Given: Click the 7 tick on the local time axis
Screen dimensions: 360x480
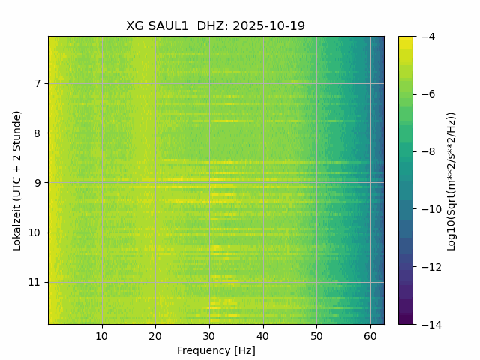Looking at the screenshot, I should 38,83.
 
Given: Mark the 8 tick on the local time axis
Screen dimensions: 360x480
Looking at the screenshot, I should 38,133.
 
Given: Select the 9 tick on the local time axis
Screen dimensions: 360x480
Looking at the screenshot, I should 38,183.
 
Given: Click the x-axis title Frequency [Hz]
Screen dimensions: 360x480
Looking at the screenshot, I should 216,350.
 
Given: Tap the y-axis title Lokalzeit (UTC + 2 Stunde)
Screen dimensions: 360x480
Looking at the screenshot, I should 17,180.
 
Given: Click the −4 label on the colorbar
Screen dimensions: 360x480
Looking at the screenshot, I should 425,37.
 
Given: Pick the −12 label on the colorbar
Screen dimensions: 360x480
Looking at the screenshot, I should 428,267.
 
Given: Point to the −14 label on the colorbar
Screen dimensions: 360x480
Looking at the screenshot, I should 428,324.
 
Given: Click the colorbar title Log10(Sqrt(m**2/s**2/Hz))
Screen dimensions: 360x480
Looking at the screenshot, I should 451,180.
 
